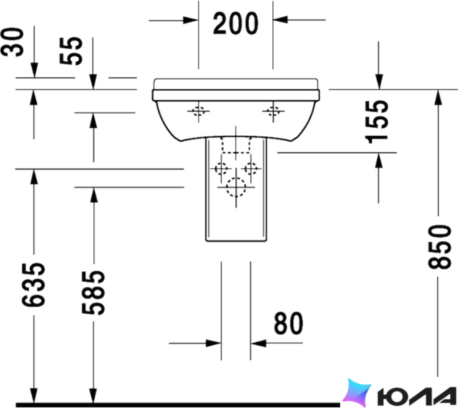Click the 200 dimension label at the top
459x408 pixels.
tap(236, 23)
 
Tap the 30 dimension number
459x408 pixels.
tap(12, 42)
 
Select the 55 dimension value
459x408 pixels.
tap(71, 51)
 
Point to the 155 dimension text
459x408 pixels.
tap(377, 122)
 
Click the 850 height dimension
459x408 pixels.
tap(439, 247)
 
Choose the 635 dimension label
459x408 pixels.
tap(34, 285)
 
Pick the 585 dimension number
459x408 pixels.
tap(93, 293)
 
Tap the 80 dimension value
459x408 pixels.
tap(288, 323)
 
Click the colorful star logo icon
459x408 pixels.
tap(357, 393)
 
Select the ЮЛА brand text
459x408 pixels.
tap(416, 397)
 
